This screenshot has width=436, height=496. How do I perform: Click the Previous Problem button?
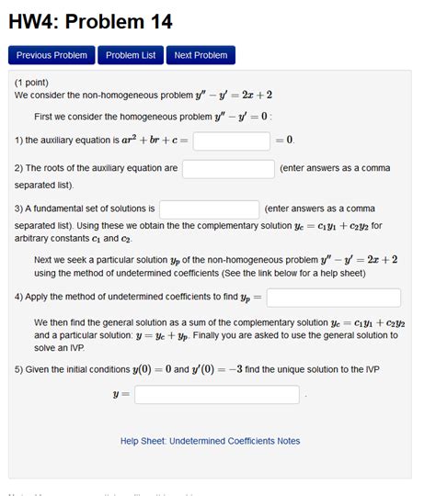click(52, 55)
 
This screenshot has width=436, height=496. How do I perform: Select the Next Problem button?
click(201, 55)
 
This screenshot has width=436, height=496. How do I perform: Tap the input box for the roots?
click(228, 169)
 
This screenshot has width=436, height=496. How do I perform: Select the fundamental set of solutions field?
click(209, 209)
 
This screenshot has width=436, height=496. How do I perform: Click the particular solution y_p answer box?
click(333, 298)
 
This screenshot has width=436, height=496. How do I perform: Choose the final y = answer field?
click(217, 394)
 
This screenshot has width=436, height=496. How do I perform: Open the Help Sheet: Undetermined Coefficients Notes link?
click(210, 441)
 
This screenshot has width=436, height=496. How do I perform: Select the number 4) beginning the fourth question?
click(18, 298)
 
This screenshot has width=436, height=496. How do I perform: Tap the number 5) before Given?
click(18, 369)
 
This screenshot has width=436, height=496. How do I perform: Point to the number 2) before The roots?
click(18, 169)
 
